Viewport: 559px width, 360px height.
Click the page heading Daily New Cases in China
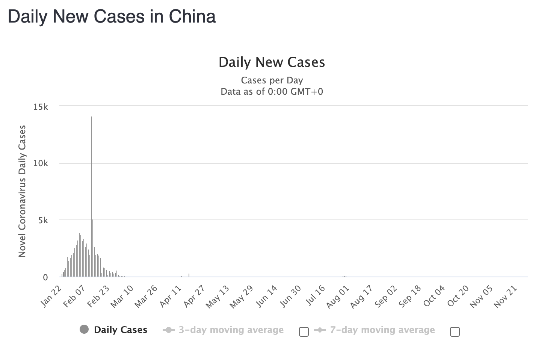[112, 17]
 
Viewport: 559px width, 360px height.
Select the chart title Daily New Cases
[272, 62]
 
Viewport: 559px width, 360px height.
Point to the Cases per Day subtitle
[272, 80]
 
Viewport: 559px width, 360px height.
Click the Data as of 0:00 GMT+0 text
[272, 92]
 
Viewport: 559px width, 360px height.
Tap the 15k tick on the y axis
[41, 107]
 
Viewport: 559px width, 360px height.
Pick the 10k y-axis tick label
[41, 163]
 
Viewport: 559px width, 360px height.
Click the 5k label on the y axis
[43, 220]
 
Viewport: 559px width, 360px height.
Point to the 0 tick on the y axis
[45, 277]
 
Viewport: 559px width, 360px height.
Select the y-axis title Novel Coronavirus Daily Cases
[22, 191]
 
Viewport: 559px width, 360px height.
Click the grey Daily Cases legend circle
[84, 330]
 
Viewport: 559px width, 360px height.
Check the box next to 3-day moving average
[304, 331]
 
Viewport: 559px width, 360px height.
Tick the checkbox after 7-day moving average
[455, 331]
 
